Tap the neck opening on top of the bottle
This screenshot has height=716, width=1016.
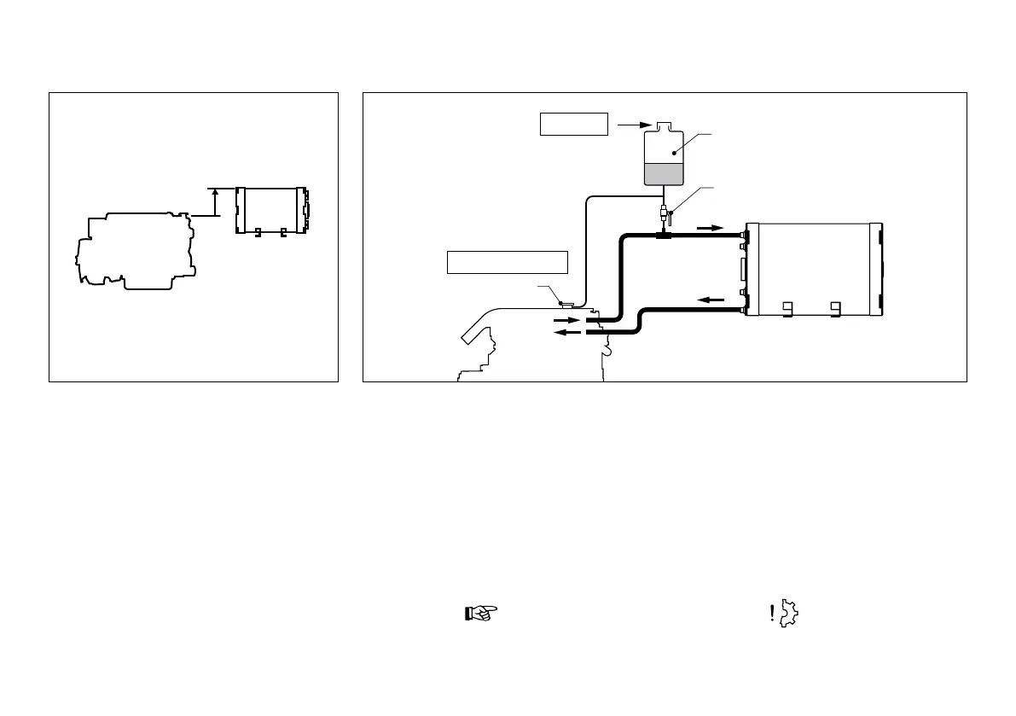(x=663, y=125)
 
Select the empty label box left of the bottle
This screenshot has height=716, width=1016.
(x=573, y=125)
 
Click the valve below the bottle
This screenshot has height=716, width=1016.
(x=663, y=212)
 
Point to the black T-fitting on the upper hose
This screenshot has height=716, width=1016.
(x=663, y=234)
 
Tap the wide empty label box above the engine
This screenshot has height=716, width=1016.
(x=508, y=262)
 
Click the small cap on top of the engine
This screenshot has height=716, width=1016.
(x=565, y=303)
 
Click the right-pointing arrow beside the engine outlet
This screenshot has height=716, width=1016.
(x=566, y=321)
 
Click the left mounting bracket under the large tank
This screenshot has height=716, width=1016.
(x=789, y=308)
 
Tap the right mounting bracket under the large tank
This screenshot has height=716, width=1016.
(x=837, y=308)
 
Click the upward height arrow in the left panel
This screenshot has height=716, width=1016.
(x=215, y=203)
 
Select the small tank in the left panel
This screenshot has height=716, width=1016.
(x=271, y=208)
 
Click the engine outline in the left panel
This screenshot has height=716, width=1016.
(x=136, y=252)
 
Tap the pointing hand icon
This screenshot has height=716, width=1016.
(x=480, y=613)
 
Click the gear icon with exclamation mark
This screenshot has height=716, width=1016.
(x=785, y=613)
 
